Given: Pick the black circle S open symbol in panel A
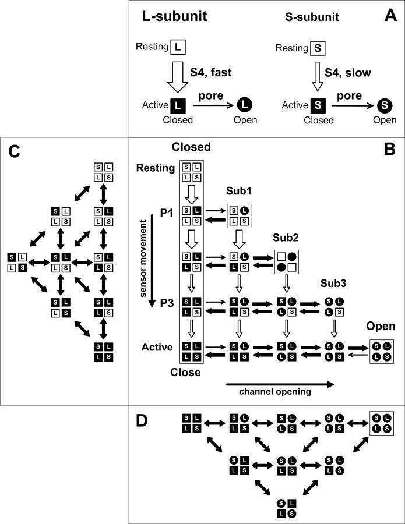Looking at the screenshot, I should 383,106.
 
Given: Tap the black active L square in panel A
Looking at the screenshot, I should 179,105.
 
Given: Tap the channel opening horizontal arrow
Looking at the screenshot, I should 280,384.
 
